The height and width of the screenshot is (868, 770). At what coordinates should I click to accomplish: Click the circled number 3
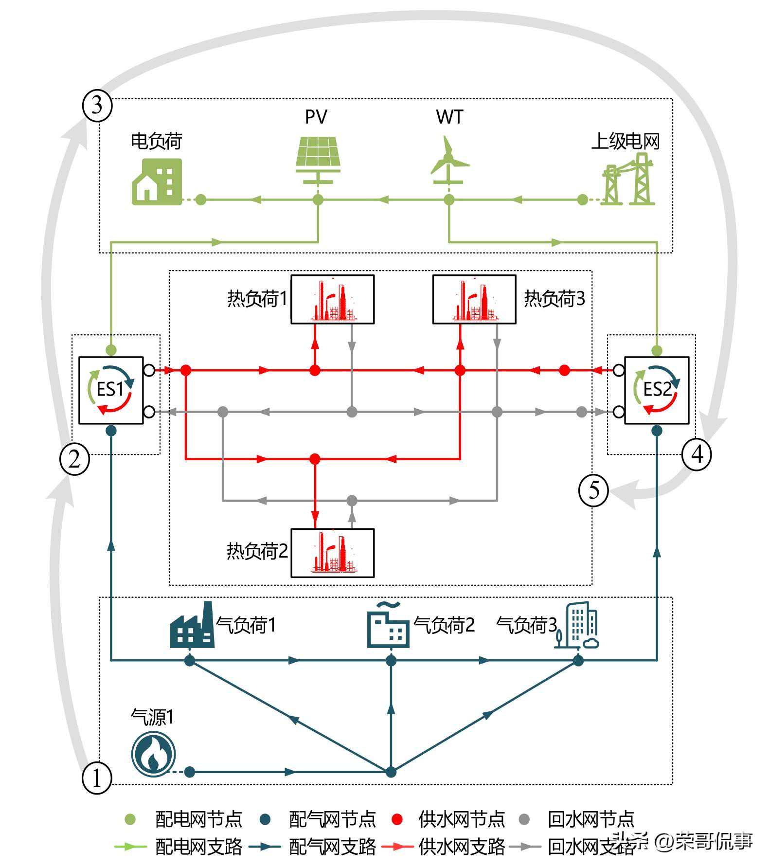(x=97, y=105)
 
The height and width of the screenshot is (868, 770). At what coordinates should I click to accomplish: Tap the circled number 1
(x=97, y=778)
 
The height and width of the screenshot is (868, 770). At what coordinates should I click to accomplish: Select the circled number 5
(x=593, y=490)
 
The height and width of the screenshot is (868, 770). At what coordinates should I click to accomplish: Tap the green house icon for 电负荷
(x=157, y=181)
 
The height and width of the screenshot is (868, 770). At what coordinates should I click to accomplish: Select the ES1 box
(x=111, y=390)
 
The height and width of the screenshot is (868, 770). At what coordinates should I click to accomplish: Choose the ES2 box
(x=657, y=390)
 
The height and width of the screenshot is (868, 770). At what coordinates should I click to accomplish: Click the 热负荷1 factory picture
(x=333, y=299)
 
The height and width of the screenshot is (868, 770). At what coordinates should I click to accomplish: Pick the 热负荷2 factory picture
(x=333, y=553)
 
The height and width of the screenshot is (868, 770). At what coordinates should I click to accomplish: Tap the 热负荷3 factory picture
(x=474, y=299)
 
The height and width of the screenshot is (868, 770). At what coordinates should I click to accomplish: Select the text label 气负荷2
(x=444, y=625)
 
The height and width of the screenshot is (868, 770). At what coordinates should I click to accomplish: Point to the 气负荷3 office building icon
(x=578, y=626)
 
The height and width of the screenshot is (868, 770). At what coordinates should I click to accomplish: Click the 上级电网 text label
(x=625, y=141)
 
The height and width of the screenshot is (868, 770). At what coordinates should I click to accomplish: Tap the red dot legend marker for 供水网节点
(x=397, y=819)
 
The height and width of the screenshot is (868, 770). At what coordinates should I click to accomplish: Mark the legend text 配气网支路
(x=332, y=847)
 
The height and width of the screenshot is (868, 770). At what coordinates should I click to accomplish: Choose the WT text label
(x=449, y=117)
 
